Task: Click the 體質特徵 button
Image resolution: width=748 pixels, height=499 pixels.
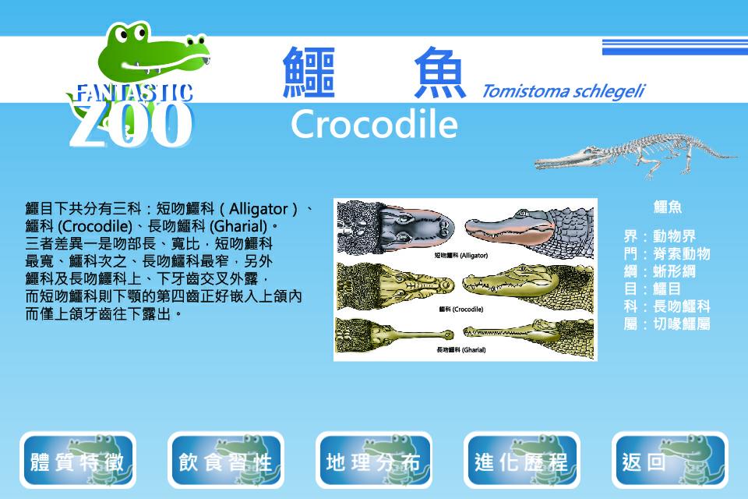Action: coord(78,460)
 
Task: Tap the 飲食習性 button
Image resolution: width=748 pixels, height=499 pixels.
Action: coord(226,460)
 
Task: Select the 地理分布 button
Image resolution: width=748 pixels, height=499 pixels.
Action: coord(373,460)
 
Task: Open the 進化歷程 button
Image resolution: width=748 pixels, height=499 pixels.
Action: coord(522,460)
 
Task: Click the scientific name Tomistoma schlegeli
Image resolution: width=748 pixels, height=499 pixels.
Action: coord(563,90)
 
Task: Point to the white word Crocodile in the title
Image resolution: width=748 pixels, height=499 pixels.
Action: coord(374,124)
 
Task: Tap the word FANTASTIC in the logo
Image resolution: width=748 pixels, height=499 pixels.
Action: coord(135,93)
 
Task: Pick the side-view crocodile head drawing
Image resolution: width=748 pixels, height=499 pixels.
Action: coord(527,284)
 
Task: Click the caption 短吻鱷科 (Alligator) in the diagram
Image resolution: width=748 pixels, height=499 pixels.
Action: coord(460,256)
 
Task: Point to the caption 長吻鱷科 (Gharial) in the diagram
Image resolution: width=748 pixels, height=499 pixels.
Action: coord(460,350)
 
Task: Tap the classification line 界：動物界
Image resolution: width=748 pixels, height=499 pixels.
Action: coord(659,236)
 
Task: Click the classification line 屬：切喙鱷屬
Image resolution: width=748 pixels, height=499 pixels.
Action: coord(666,324)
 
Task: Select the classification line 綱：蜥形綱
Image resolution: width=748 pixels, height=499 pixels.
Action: coord(659,271)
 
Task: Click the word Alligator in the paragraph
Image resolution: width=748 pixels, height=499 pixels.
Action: coord(258,209)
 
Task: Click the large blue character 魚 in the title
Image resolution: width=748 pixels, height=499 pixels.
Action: coord(439,73)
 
